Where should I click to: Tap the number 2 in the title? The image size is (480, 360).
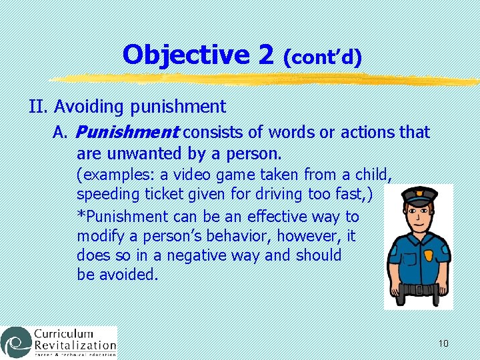tap(265, 55)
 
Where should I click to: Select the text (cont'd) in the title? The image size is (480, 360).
tap(322, 57)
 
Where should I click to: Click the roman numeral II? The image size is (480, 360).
tap(38, 106)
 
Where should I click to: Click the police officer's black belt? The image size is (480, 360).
tap(418, 289)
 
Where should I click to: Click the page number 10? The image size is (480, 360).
tap(443, 343)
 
